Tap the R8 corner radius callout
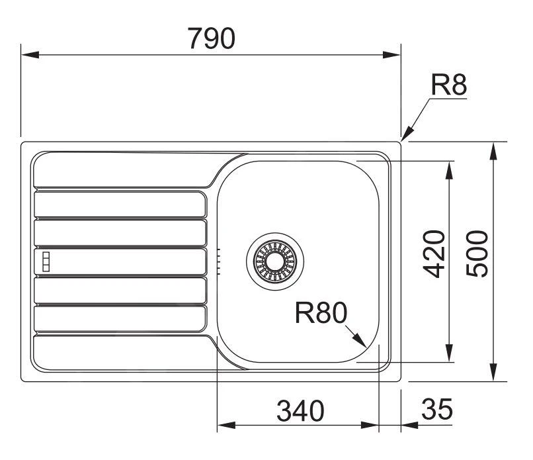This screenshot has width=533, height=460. (x=449, y=86)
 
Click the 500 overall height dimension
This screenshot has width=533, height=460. (x=477, y=254)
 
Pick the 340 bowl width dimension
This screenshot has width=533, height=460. (x=300, y=411)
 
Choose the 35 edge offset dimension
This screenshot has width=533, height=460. (x=436, y=410)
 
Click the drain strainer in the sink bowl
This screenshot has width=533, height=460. (x=274, y=261)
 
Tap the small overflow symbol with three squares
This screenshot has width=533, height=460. (x=46, y=261)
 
